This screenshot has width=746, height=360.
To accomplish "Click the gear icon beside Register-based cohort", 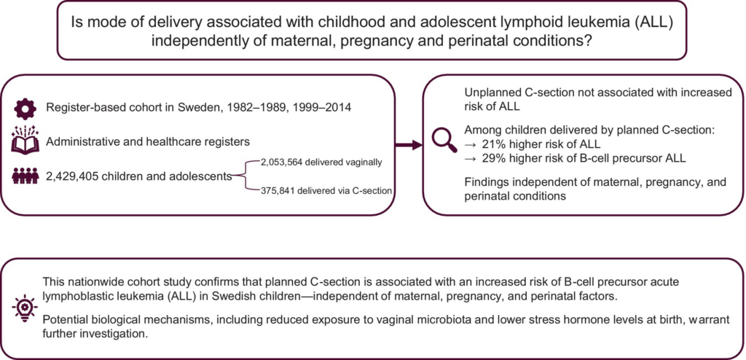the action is pyautogui.click(x=22, y=108).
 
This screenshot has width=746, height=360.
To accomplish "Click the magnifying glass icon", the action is pyautogui.click(x=442, y=140).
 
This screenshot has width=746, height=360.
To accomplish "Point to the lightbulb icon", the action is pyautogui.click(x=22, y=306).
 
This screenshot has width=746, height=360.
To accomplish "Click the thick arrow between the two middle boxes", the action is pyautogui.click(x=409, y=145).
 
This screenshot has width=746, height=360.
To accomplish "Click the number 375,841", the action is pyautogui.click(x=276, y=191).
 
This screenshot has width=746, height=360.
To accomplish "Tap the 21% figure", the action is pyautogui.click(x=492, y=146).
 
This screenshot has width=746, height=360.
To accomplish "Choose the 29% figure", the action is pyautogui.click(x=492, y=159).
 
